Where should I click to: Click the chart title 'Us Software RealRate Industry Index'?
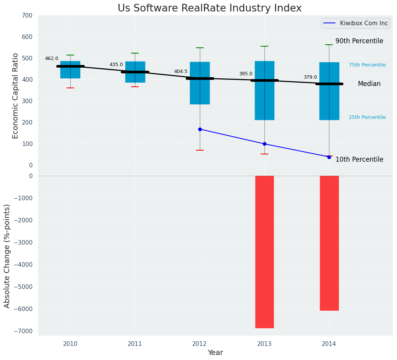pos(209,8)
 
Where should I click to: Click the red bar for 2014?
pos(329,243)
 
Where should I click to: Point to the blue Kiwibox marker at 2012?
pos(200,129)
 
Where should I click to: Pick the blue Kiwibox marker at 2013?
pos(264,144)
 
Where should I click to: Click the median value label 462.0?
pos(52,58)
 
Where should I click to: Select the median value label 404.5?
pos(181,71)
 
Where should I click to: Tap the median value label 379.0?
pos(310,77)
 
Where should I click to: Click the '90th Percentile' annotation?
pos(359,41)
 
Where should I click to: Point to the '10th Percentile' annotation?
pos(359,159)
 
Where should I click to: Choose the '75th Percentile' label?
pos(367,65)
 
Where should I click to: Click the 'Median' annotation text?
pos(369,84)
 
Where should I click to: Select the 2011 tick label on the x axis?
pos(135,344)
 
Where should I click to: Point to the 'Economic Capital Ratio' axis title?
pos(16,96)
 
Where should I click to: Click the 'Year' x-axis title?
pos(216,353)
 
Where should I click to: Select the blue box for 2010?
pos(70,70)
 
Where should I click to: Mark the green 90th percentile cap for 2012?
pos(200,48)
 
